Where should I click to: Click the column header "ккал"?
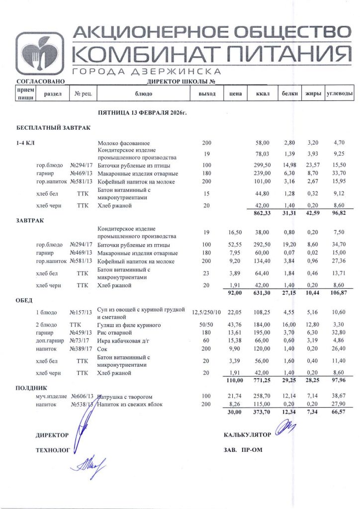(262, 93)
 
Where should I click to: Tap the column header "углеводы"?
(340, 93)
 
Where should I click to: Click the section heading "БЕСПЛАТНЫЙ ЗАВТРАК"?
(53, 128)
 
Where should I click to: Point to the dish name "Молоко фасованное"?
(124, 143)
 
